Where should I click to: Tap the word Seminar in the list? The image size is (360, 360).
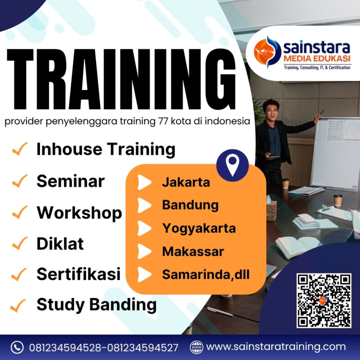[70, 181]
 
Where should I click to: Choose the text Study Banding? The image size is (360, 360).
[96, 305]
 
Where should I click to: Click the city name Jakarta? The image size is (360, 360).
[186, 183]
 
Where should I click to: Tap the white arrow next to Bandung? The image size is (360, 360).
[144, 205]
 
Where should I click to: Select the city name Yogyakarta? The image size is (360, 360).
[198, 228]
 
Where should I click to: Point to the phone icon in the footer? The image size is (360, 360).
[17, 347]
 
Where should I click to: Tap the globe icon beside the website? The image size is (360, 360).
[196, 347]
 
